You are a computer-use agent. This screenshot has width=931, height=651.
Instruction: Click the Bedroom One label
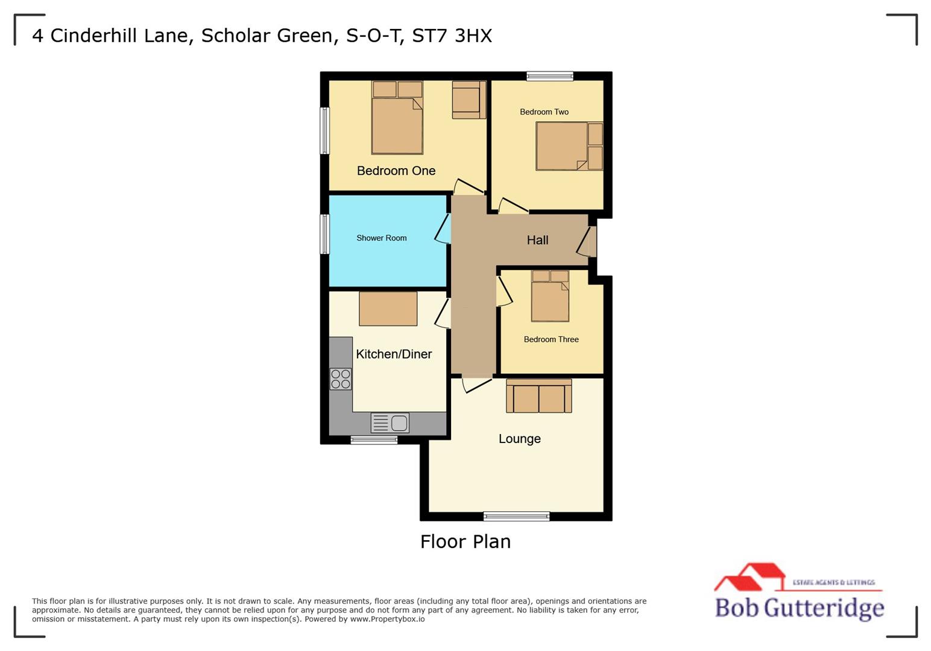tap(396, 171)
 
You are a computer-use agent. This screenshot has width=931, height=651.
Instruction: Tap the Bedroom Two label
tap(544, 112)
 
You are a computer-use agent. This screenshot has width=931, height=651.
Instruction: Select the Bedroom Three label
tap(551, 339)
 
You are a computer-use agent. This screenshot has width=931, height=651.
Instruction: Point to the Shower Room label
tap(381, 238)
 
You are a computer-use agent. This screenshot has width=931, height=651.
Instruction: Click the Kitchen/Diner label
tap(394, 354)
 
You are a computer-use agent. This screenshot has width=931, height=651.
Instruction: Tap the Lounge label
tap(519, 439)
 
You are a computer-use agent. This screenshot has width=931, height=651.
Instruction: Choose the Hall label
tap(537, 240)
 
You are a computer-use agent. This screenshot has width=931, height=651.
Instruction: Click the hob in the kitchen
tap(341, 379)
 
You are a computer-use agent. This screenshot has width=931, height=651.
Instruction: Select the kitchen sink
tap(390, 423)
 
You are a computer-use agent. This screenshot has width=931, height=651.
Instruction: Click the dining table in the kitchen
tap(388, 309)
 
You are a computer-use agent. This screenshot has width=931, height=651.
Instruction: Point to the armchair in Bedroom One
tap(469, 99)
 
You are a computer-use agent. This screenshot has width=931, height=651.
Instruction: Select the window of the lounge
tap(516, 516)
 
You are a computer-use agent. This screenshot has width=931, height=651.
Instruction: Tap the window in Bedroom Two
tap(549, 76)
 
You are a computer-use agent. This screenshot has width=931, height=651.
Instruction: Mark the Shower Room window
tap(325, 234)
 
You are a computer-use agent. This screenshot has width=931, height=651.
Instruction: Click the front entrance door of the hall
tap(592, 241)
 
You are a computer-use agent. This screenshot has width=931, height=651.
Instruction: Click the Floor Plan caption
tap(465, 541)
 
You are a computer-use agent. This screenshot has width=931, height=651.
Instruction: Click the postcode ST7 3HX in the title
tap(452, 36)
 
